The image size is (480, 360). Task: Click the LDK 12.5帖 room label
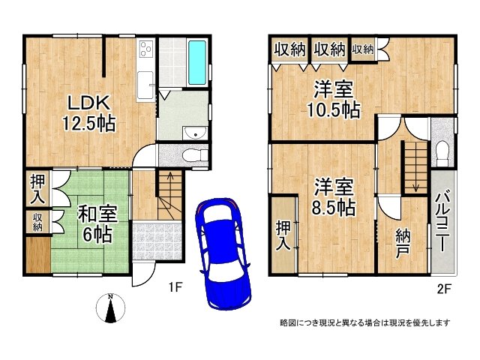(92, 113)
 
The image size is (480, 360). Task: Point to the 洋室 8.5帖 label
(334, 197)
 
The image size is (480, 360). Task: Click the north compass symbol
(110, 309)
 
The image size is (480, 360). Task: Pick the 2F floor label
(444, 286)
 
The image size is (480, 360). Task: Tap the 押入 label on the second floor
(283, 235)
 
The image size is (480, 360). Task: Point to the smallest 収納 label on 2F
(362, 49)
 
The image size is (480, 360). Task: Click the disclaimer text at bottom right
(364, 322)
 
